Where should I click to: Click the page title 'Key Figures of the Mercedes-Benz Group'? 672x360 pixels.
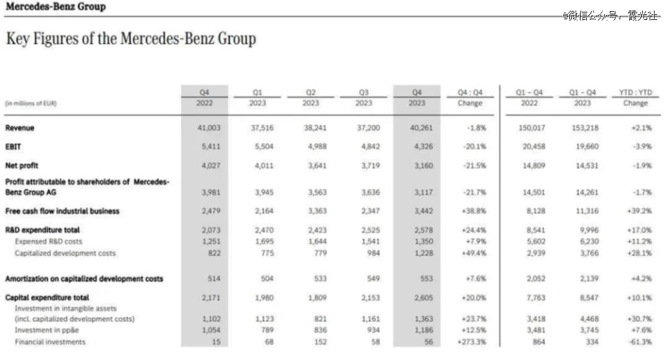131,39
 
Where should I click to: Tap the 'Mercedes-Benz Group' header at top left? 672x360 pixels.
55,7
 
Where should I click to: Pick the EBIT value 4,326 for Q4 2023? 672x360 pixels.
417,147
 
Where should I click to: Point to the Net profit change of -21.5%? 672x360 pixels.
472,166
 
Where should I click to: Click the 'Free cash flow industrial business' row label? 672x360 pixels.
62,211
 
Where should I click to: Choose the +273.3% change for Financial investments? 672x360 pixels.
470,342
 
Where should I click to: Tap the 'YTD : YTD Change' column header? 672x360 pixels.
635,98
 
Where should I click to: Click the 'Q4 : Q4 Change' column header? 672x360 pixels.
470,98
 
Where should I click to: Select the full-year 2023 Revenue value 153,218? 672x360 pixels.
582,128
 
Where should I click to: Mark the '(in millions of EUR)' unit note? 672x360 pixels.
31,103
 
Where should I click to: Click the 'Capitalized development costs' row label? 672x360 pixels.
65,253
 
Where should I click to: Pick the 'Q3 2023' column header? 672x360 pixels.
363,98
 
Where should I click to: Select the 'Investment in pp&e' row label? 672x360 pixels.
46,330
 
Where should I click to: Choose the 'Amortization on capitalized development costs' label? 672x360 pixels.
84,279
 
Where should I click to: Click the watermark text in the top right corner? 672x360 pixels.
610,16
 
